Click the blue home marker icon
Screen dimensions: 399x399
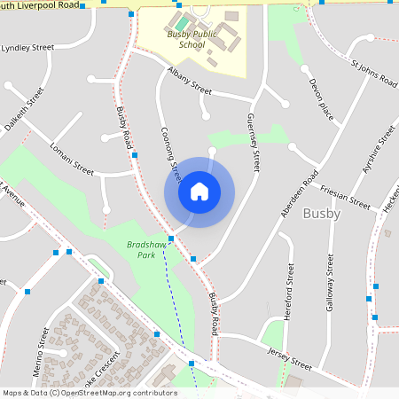(x=199, y=191)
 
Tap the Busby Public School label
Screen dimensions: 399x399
(x=192, y=39)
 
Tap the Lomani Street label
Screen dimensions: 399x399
(x=72, y=158)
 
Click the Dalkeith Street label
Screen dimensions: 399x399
(x=24, y=109)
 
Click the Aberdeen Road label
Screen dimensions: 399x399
(x=299, y=189)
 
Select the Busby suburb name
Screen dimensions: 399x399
(x=321, y=214)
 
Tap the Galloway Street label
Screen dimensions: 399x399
(x=330, y=288)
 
